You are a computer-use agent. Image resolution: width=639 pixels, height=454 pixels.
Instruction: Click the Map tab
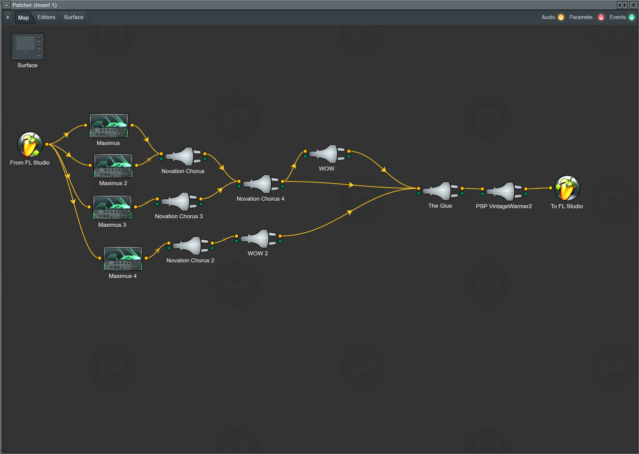click(x=24, y=18)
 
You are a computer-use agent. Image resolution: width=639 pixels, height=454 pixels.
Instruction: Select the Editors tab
click(x=46, y=18)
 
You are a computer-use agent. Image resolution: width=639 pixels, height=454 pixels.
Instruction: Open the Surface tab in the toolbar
click(x=74, y=18)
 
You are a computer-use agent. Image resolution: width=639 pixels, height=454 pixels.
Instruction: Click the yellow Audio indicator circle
click(x=561, y=18)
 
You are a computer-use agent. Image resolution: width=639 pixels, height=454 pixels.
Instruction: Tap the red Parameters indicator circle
click(x=601, y=18)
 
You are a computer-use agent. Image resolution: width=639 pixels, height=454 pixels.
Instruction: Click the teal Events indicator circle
click(x=631, y=18)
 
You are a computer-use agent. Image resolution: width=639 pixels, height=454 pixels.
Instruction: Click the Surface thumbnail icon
click(x=28, y=47)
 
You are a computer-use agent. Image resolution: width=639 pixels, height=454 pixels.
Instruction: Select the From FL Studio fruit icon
click(x=30, y=145)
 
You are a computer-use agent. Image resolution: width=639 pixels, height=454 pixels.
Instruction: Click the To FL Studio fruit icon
click(x=567, y=189)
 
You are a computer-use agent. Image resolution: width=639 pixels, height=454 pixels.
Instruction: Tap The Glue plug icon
click(x=440, y=192)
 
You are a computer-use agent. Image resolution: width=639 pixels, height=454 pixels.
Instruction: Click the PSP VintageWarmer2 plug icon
click(x=504, y=192)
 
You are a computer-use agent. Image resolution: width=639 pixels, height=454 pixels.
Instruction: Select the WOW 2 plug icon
click(x=258, y=239)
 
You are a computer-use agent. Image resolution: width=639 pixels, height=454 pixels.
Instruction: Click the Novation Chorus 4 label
click(x=260, y=199)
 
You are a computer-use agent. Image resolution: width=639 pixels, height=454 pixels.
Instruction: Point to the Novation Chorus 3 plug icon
click(x=179, y=202)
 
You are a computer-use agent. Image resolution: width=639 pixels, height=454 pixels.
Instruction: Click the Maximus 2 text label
click(x=113, y=184)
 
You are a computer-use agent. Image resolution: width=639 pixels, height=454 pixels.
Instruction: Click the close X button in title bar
click(x=633, y=5)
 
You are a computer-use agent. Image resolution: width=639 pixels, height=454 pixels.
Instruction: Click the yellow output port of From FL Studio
click(x=47, y=144)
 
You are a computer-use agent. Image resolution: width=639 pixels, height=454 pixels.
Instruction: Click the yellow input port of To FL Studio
click(x=550, y=188)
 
